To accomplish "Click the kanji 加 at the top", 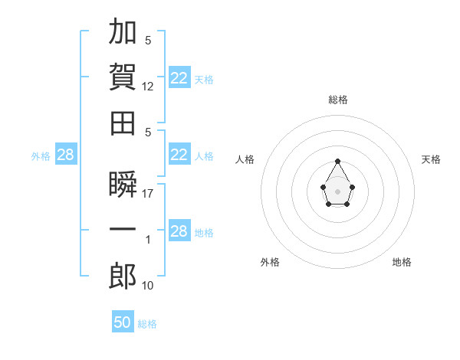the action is pos(123,31).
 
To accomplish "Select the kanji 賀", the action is pos(123,77).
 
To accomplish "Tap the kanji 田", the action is pos(123,123).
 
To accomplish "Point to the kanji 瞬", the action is pos(123,184).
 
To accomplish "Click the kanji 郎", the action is pos(123,276).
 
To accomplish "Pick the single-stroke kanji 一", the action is pos(123,229).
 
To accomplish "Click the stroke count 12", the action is pos(147,87).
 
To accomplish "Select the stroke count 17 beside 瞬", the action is pos(147,194).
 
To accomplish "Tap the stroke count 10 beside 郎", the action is pos(147,286).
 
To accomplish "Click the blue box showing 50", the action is pos(123,321).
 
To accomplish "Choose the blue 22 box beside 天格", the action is pos(179,77).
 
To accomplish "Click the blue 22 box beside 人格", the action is pos(179,154).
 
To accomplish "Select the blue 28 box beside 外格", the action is pos(66,154).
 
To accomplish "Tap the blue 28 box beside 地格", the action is pos(179,230).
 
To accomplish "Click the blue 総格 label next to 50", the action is pos(147,324).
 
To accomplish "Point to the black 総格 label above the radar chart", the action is pos(338,100).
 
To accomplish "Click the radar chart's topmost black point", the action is pos(337,161).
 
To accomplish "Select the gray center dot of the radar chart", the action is pos(337,191).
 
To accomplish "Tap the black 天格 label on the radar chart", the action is pos(431,159).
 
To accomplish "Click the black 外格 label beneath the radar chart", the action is pos(270,262).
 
